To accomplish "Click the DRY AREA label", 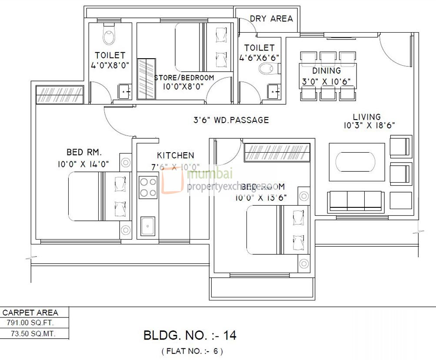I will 271,19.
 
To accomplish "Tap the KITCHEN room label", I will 176,155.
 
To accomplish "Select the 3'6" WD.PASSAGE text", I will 231,120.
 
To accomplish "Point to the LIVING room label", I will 366,117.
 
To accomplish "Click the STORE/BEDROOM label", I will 184,78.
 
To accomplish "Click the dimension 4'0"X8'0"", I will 110,66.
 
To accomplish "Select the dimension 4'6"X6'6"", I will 259,57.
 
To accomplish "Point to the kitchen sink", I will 148,226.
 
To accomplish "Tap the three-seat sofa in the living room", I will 355,201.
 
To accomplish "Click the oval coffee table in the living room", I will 355,162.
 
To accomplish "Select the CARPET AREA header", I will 30,312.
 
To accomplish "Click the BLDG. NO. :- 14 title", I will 190,335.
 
